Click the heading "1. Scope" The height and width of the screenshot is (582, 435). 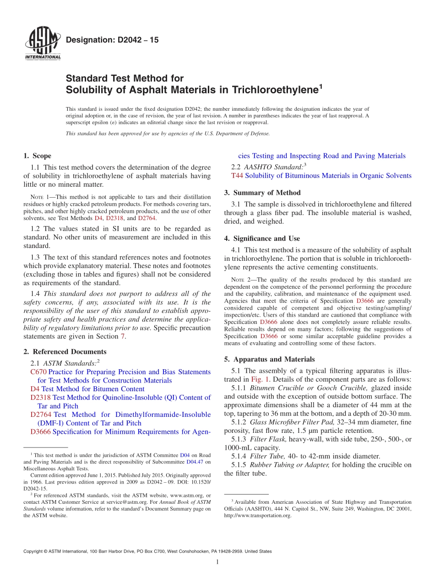pos(38,156)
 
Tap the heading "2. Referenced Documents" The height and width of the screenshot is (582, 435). pos(65,352)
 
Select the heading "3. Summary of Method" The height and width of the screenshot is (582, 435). pos(262,193)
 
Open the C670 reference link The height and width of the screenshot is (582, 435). pos(38,372)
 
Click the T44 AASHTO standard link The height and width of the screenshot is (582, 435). pos(237,176)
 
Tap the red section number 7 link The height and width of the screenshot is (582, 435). pos(122,337)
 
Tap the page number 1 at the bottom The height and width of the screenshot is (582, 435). pos(217,562)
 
